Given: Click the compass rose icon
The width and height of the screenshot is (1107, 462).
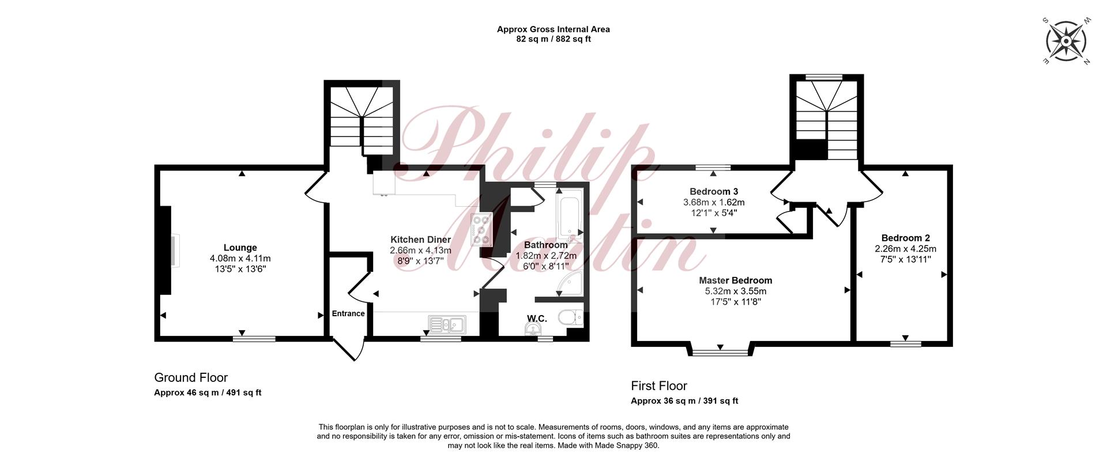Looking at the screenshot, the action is pos(1066,41).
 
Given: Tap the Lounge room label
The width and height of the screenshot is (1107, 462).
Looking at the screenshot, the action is pos(240,248).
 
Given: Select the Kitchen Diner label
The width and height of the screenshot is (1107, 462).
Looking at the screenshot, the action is pos(420,240).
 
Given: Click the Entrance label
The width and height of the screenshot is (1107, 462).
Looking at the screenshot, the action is pos(348,313).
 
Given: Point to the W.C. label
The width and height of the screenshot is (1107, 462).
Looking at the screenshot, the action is pos(537,318).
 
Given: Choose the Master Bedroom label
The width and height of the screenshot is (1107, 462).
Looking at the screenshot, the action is pos(736,281).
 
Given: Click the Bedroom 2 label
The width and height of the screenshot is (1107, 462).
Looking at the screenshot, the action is pos(905,238).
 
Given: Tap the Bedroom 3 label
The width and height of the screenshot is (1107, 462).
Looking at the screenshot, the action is pos(714,191).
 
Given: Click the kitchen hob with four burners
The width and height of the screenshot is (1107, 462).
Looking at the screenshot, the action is pos(481,230).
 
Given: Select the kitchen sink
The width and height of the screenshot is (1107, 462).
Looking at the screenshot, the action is pos(447,324).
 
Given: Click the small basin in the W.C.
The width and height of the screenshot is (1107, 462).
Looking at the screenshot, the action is pos(534,329).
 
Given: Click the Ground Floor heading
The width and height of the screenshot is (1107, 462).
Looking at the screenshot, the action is pos(191,378).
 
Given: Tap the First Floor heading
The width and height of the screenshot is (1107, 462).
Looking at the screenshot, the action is pos(659,386).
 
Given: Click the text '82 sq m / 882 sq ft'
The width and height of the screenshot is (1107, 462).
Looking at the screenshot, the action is pos(553,39).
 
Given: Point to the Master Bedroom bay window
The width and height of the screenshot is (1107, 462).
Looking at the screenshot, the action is pos(720,350).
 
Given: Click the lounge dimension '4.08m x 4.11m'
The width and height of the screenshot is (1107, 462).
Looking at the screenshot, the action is pos(240,259).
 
